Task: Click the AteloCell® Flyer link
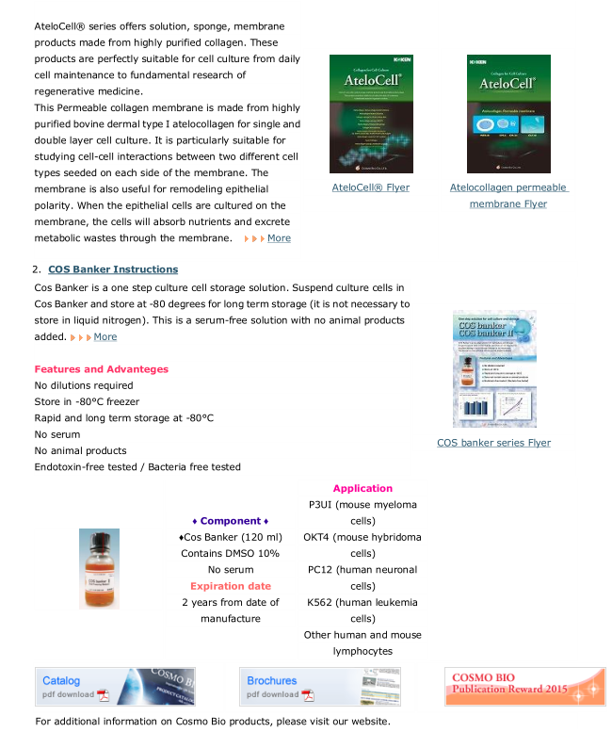(x=370, y=187)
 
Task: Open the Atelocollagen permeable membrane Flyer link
(x=508, y=195)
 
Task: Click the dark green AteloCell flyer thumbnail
(x=371, y=114)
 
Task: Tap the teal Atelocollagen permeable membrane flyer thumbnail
(x=508, y=114)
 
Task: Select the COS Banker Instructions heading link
(x=113, y=269)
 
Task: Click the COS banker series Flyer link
(x=493, y=443)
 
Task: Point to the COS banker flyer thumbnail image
(x=494, y=368)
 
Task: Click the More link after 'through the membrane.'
(x=279, y=238)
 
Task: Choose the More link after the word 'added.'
(x=105, y=336)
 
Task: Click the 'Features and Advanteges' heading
(x=102, y=369)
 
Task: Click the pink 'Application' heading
(x=362, y=488)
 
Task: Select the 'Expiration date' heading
(x=230, y=586)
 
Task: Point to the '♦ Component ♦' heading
(x=230, y=521)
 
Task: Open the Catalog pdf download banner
(x=101, y=687)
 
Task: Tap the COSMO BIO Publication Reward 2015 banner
(x=524, y=687)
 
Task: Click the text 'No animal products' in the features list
(x=80, y=450)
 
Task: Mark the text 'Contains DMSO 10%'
(x=230, y=553)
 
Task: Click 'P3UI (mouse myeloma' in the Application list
(x=362, y=505)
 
